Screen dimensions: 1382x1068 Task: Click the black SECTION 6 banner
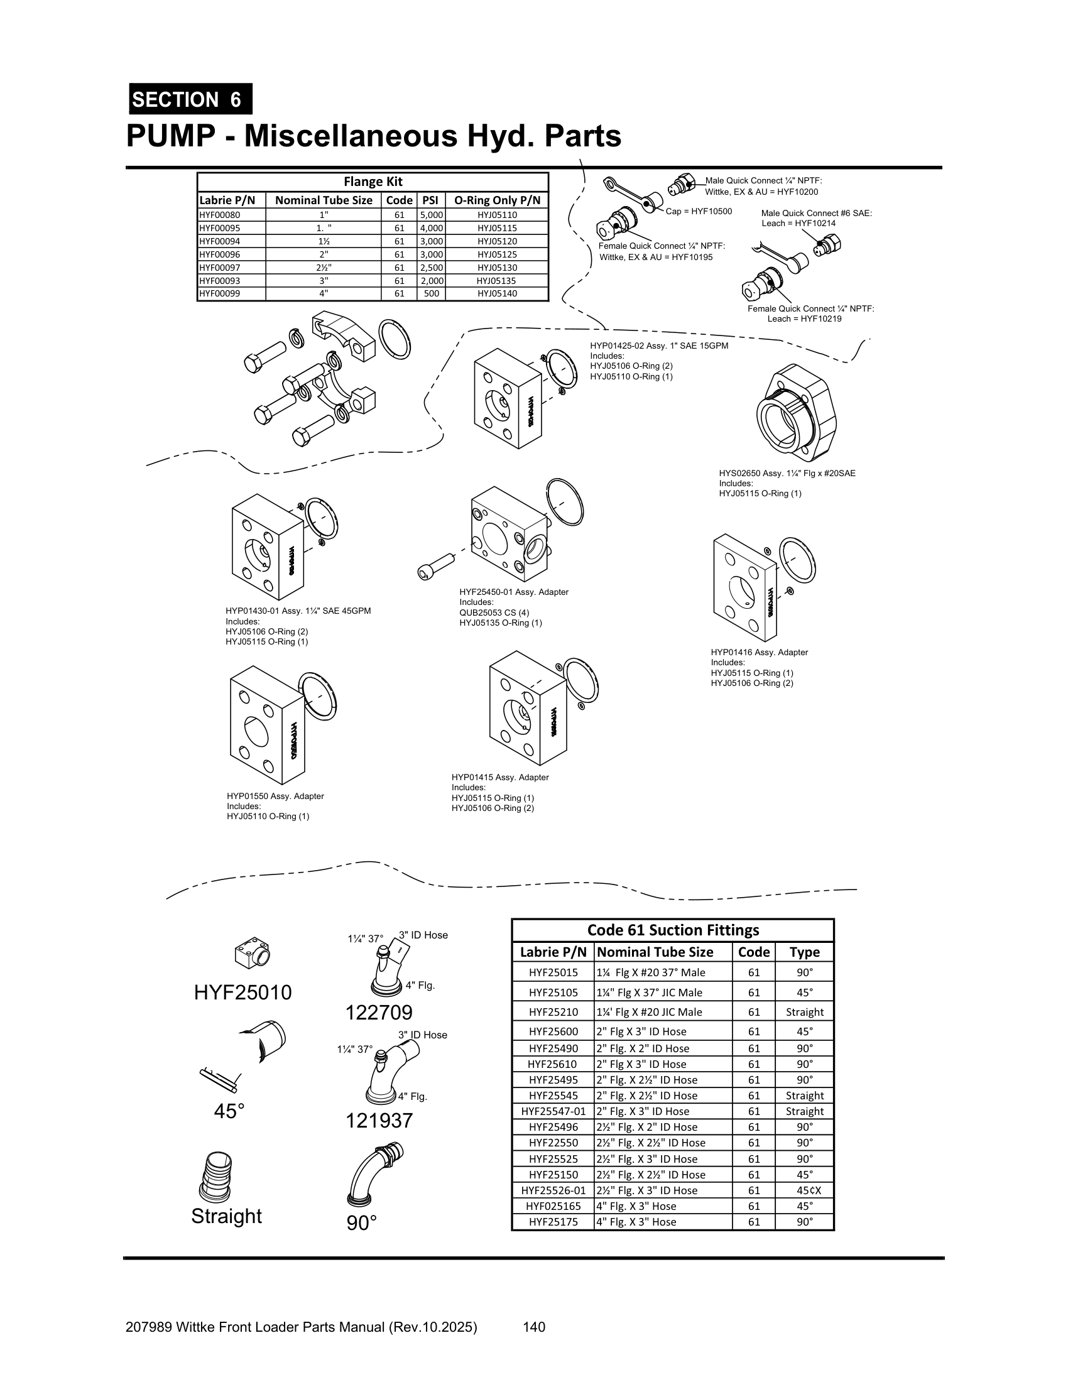pyautogui.click(x=190, y=99)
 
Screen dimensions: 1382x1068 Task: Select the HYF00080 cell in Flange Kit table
pyautogui.click(x=220, y=215)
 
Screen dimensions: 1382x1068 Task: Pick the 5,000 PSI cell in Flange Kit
pyautogui.click(x=431, y=215)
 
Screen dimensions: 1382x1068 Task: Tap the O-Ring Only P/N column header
pyautogui.click(x=498, y=200)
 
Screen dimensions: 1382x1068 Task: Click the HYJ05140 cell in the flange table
pyautogui.click(x=498, y=293)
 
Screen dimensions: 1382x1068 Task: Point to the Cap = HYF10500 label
pyautogui.click(x=699, y=211)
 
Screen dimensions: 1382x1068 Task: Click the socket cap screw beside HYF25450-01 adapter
pyautogui.click(x=436, y=566)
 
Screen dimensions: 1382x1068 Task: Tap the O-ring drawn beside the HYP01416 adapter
pyautogui.click(x=797, y=559)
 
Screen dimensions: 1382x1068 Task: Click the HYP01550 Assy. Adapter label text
pyautogui.click(x=275, y=796)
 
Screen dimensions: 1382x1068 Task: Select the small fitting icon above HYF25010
pyautogui.click(x=251, y=954)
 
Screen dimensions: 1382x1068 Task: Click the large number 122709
pyautogui.click(x=378, y=1013)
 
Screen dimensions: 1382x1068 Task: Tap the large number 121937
pyautogui.click(x=378, y=1121)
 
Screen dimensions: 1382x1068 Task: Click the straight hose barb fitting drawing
pyautogui.click(x=215, y=1178)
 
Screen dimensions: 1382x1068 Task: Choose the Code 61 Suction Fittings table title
pyautogui.click(x=673, y=930)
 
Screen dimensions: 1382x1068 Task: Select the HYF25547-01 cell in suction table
pyautogui.click(x=553, y=1111)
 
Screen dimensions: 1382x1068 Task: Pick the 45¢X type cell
pyautogui.click(x=804, y=1190)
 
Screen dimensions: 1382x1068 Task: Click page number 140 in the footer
pyautogui.click(x=534, y=1327)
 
